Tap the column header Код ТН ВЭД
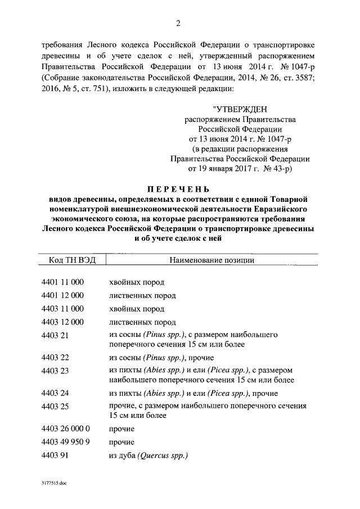[70, 260]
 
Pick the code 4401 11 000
[62, 282]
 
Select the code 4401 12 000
[62, 295]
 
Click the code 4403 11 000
[62, 309]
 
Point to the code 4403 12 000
[62, 322]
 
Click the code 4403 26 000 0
[65, 429]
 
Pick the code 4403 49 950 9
[65, 442]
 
